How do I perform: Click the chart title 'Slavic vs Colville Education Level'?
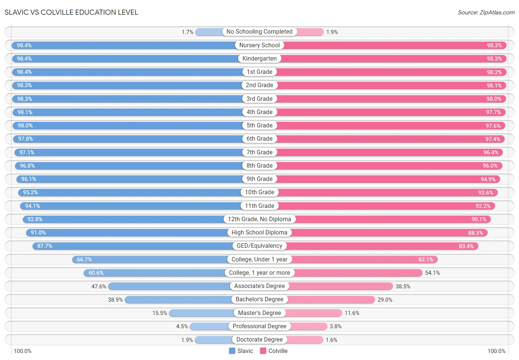(x=71, y=12)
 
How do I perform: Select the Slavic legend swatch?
(x=232, y=351)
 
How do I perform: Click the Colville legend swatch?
(x=263, y=351)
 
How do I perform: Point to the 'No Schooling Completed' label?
(x=259, y=32)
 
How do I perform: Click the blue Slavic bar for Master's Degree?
(x=201, y=313)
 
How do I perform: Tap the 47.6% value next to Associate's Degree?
(x=99, y=287)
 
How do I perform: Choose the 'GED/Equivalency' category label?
(x=259, y=246)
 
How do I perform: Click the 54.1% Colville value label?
(x=433, y=273)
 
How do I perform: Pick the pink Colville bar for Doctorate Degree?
(x=305, y=340)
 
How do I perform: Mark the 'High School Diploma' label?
(x=259, y=233)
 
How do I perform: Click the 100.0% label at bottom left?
(x=23, y=351)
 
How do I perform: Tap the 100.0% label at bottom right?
(x=496, y=351)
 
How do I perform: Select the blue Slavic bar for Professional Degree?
(x=209, y=326)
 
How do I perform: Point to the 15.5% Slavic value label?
(x=160, y=313)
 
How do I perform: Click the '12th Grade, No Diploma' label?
(x=259, y=219)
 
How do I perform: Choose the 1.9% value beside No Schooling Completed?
(x=332, y=32)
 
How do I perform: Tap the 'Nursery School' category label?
(x=259, y=45)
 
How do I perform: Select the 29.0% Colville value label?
(x=385, y=300)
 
